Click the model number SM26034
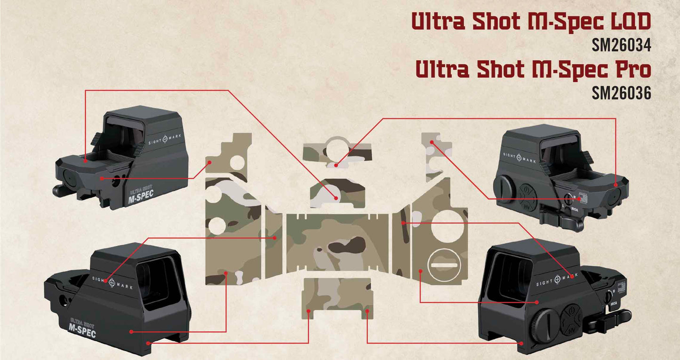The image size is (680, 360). coord(621,46)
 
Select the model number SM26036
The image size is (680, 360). coord(621,93)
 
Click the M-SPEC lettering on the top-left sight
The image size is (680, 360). coord(141,199)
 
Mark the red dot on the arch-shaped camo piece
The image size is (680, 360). coord(336,198)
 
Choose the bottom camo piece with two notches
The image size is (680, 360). coord(338,295)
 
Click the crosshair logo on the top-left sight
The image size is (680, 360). coord(165,139)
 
